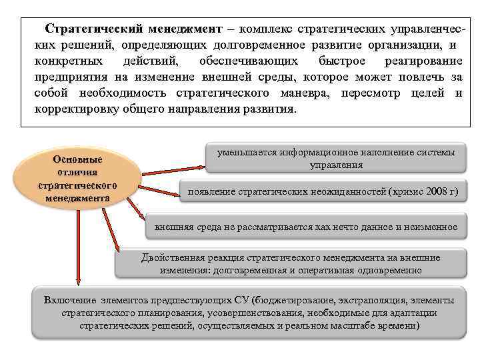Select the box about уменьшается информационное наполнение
336,159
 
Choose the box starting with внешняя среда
306,227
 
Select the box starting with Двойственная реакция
291,264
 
